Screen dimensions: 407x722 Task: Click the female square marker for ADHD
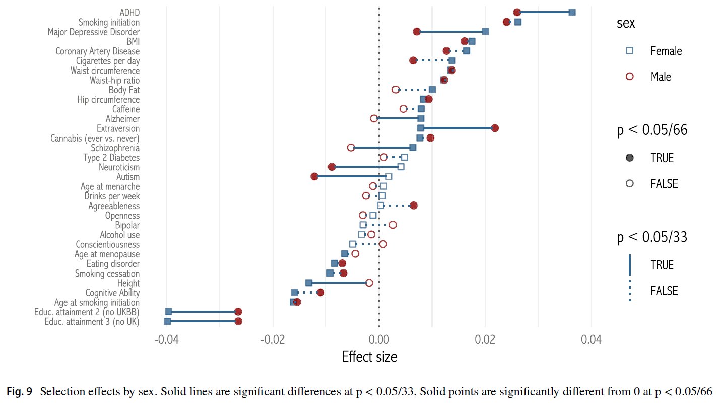[572, 12]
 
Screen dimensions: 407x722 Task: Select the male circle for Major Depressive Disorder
[417, 32]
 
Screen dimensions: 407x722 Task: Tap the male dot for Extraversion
[495, 128]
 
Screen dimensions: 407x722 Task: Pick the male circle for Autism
[314, 176]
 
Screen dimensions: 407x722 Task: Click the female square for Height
[309, 283]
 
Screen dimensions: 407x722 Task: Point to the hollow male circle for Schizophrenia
[351, 148]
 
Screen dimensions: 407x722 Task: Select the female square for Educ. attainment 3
[167, 321]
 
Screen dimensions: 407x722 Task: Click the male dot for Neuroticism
[332, 167]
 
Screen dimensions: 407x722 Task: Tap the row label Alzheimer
[122, 119]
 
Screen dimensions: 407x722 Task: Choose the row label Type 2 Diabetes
[111, 158]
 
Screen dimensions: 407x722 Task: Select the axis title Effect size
[369, 357]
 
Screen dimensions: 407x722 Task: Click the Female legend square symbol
[629, 50]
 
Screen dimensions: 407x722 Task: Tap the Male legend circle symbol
[629, 76]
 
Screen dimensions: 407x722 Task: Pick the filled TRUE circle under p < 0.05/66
[629, 158]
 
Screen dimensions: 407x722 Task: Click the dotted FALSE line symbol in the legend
[629, 291]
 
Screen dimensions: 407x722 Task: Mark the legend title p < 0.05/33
[652, 238]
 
